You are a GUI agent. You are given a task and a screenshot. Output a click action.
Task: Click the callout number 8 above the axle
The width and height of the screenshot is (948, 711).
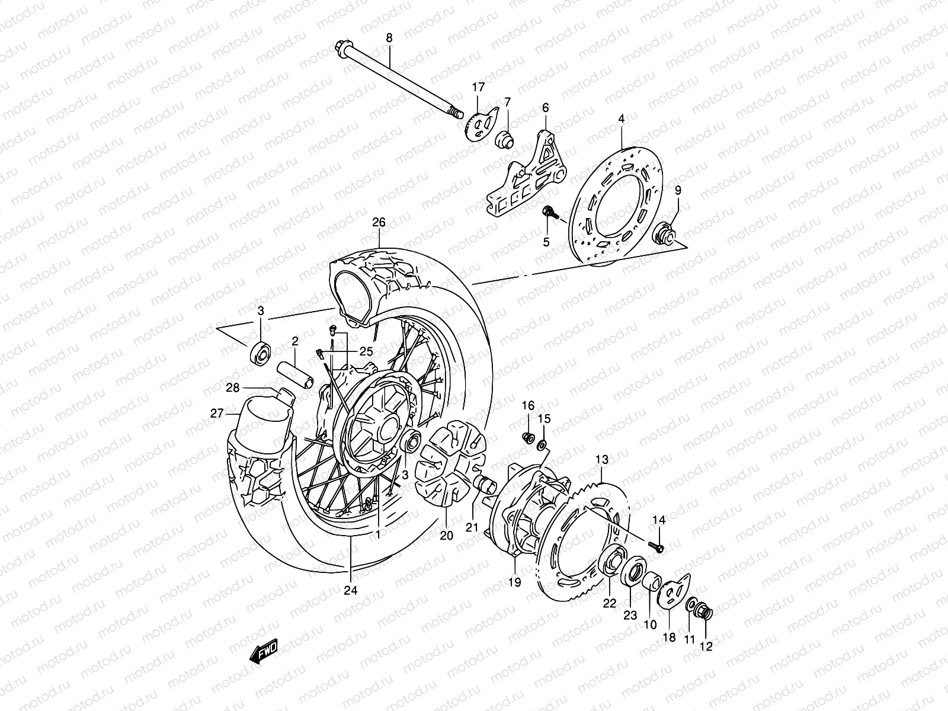tap(389, 38)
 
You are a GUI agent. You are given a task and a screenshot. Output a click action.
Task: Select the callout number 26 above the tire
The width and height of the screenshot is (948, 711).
tap(379, 223)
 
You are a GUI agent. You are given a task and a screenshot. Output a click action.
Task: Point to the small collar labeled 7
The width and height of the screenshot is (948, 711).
tap(520, 139)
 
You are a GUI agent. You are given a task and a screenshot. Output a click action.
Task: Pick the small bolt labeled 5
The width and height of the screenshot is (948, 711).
tap(549, 212)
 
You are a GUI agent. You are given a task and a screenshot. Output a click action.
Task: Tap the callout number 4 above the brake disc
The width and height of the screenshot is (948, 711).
tap(621, 119)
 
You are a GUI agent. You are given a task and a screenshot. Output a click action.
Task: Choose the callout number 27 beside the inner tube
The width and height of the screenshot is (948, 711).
tap(217, 414)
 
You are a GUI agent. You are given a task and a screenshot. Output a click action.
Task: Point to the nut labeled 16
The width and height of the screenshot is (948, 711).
tap(526, 438)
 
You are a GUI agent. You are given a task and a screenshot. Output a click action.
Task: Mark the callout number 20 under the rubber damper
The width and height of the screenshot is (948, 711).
tap(446, 535)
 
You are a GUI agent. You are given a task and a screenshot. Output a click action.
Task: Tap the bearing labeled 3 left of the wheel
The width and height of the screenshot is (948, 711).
tap(261, 351)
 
